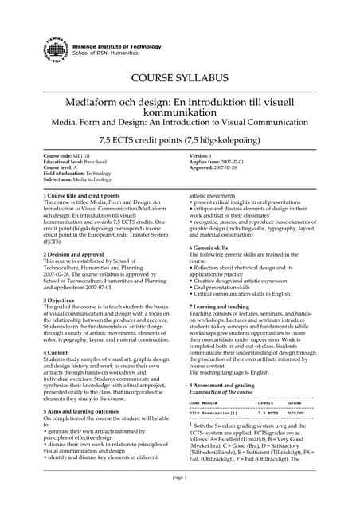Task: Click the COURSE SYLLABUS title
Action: [x=179, y=78]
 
